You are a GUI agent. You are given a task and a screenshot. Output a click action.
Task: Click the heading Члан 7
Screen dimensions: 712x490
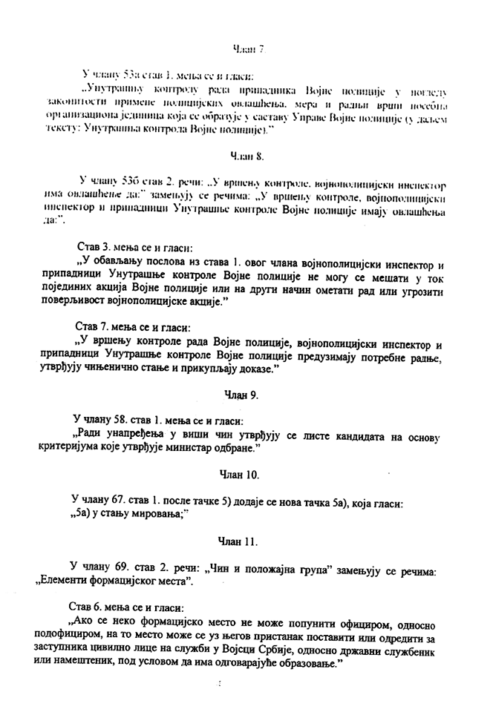249,49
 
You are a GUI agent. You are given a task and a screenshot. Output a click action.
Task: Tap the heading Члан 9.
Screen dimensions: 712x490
241,395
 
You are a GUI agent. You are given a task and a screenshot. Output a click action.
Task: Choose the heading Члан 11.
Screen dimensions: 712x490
239,542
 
